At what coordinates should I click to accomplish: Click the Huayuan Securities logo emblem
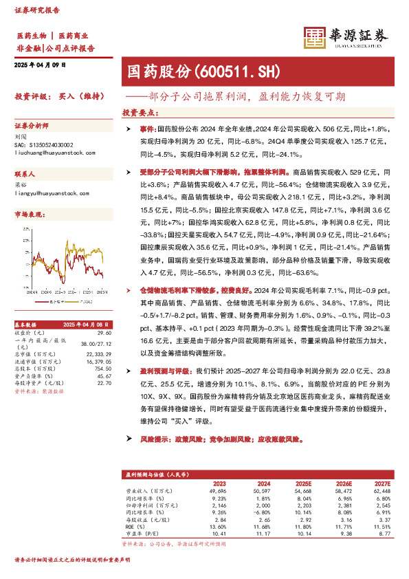[314, 36]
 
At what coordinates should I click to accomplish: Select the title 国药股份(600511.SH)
[200, 71]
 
